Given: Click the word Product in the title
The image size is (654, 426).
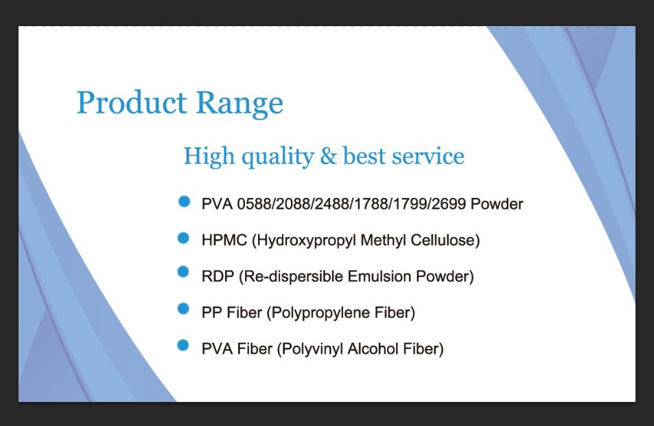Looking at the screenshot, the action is pos(132,102).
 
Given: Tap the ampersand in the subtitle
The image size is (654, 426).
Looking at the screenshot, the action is pos(328,156).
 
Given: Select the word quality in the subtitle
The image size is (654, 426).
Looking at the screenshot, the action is pos(278,157).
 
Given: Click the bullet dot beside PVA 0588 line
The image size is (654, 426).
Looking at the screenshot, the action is pos(184,202).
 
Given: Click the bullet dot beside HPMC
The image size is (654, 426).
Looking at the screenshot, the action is pos(183,238).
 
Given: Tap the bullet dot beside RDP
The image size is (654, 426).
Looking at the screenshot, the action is pos(183,271).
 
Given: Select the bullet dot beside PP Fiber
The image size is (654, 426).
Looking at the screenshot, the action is pos(183,309).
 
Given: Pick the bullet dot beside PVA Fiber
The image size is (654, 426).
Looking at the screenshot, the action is pos(183,346).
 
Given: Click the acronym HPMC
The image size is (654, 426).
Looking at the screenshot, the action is pos(224,240).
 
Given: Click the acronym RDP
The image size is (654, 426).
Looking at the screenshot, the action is pos(218,276).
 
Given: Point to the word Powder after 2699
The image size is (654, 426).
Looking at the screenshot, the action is pos(497,204).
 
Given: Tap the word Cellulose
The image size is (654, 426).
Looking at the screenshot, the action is pos(445,240).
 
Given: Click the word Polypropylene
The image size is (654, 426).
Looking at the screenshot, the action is pos(318,313).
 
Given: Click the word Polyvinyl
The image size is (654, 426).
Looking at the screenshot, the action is pos(310,350).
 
